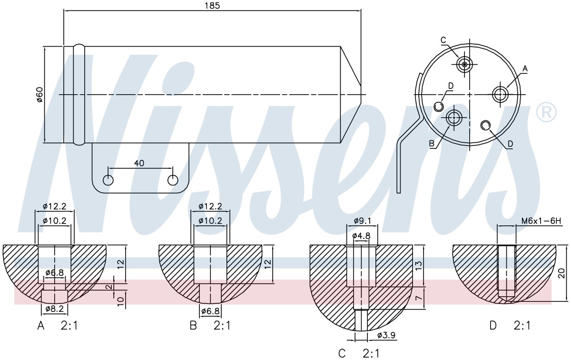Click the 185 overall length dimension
[212, 6]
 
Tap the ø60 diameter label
[40, 95]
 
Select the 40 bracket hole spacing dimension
[139, 163]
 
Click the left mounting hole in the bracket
[108, 180]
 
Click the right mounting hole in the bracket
[173, 180]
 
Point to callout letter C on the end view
[443, 40]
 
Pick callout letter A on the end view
[525, 68]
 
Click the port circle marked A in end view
[500, 94]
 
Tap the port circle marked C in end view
[464, 65]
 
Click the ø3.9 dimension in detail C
[386, 335]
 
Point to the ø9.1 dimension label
[362, 221]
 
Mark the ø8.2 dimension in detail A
[54, 309]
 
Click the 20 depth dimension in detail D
[562, 273]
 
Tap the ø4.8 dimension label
[361, 236]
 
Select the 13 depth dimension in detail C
[419, 266]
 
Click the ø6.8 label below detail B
[210, 311]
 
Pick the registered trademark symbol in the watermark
[546, 112]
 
